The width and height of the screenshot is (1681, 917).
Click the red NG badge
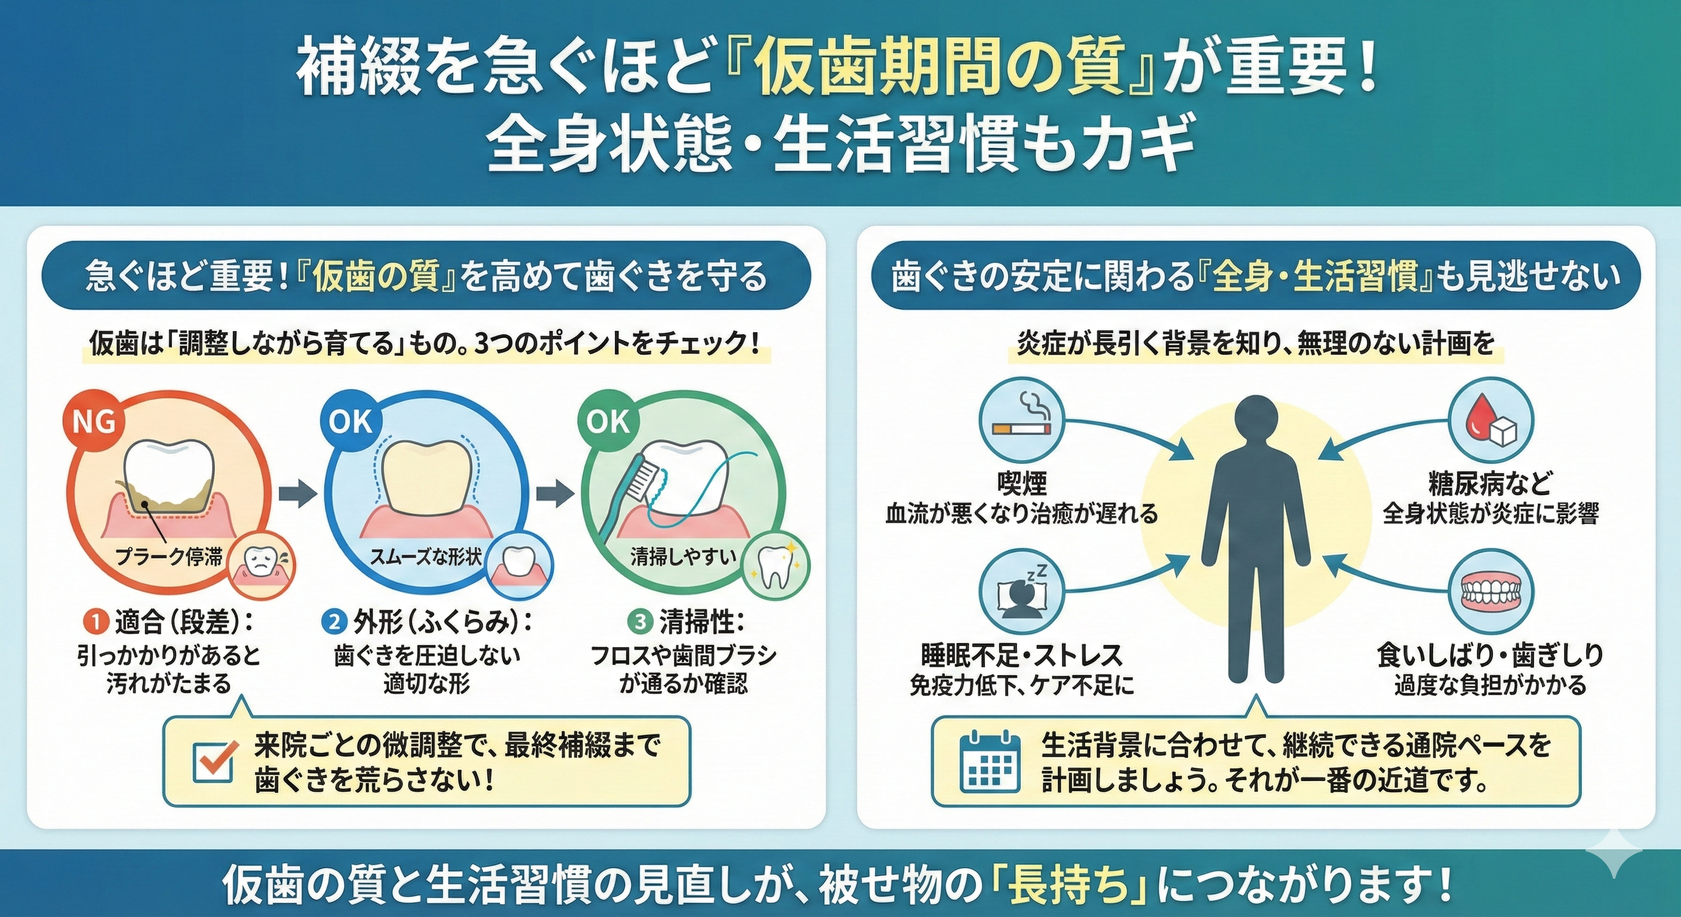pyautogui.click(x=93, y=422)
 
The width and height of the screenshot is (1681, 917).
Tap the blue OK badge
pyautogui.click(x=351, y=422)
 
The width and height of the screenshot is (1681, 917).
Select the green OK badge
pyautogui.click(x=608, y=422)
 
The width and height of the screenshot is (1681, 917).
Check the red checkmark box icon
pyautogui.click(x=215, y=764)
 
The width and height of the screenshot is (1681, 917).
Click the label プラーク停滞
pyautogui.click(x=169, y=557)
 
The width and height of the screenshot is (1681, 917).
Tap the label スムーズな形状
pyautogui.click(x=426, y=557)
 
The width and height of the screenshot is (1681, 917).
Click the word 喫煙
pyautogui.click(x=1022, y=484)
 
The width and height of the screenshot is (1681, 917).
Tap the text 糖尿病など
pyautogui.click(x=1490, y=484)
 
